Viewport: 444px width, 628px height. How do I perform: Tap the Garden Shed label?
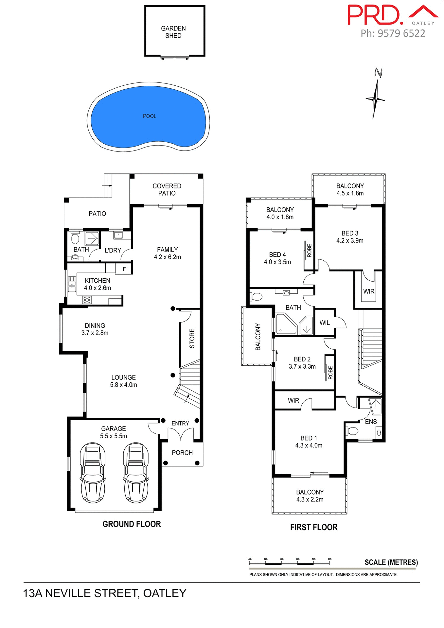[x=173, y=32]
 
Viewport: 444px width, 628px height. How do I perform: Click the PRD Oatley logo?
[x=391, y=15]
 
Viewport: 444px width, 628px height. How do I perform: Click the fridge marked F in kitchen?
[x=124, y=269]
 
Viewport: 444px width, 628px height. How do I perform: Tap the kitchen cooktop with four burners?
[x=87, y=300]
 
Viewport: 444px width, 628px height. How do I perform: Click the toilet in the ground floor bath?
[x=75, y=238]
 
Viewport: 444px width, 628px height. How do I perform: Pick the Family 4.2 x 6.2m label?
[x=167, y=253]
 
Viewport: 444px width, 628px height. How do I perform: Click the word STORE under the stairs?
[x=192, y=338]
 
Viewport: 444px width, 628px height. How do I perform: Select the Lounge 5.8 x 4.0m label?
[x=123, y=381]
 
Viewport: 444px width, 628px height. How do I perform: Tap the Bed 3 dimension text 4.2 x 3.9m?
[x=350, y=240]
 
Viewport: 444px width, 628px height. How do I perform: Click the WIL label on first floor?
[x=325, y=323]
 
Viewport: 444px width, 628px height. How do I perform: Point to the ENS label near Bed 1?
[x=371, y=422]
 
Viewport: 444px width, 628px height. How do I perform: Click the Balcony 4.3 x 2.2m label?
[x=310, y=496]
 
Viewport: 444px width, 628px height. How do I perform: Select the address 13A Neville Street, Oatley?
[x=105, y=593]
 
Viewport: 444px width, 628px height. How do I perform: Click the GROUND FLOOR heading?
[x=132, y=524]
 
